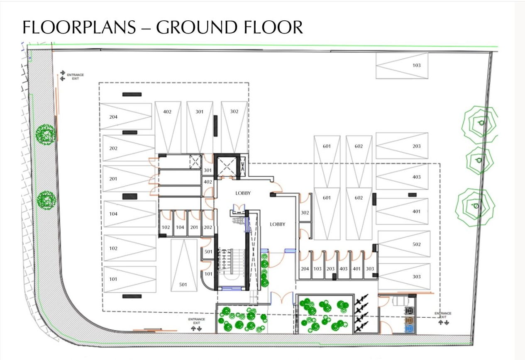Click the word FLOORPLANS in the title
[79, 27]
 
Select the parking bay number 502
[417, 244]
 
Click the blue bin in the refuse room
[409, 328]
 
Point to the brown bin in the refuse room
[409, 320]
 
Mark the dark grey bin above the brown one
[409, 311]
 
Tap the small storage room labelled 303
[370, 269]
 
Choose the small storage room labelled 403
[343, 269]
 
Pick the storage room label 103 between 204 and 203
[317, 269]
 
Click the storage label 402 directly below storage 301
[208, 182]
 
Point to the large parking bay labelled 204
[113, 117]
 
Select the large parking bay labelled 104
[113, 214]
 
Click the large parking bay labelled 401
[417, 212]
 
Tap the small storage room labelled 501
[208, 252]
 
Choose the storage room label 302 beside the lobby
[305, 213]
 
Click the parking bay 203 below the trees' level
[417, 146]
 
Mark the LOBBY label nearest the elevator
[243, 193]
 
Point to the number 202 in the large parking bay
[113, 148]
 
